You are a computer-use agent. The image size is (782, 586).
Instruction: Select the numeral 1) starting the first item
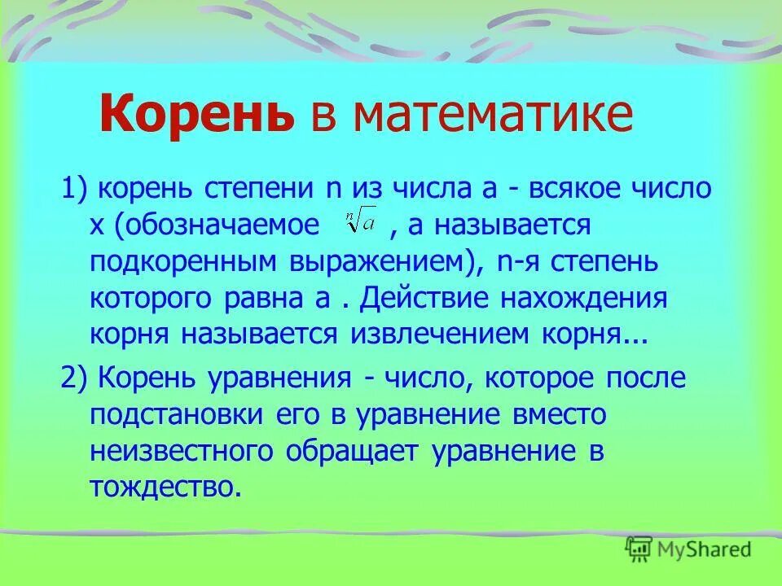[x=76, y=189]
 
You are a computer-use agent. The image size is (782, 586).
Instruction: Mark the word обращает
[x=354, y=451]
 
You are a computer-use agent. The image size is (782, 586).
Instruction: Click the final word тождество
[x=166, y=487]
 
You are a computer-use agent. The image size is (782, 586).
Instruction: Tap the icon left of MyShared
[x=639, y=549]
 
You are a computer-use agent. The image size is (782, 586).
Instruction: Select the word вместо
[x=560, y=415]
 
